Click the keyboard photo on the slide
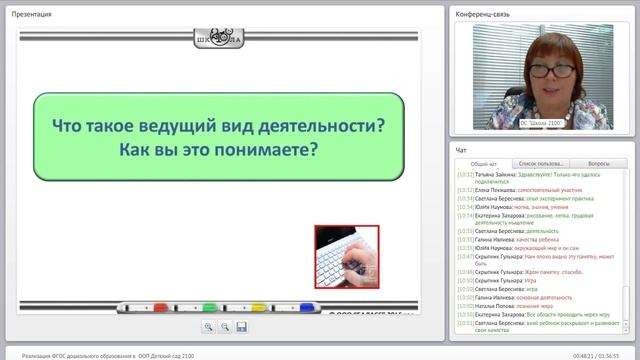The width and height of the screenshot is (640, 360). [x=346, y=257]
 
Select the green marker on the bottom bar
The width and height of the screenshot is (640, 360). [x=209, y=306]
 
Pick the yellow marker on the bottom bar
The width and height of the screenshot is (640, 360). [x=257, y=306]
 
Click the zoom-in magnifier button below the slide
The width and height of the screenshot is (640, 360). [x=209, y=327]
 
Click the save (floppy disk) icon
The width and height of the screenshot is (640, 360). [x=241, y=327]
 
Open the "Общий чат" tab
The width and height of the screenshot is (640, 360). [x=478, y=162]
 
